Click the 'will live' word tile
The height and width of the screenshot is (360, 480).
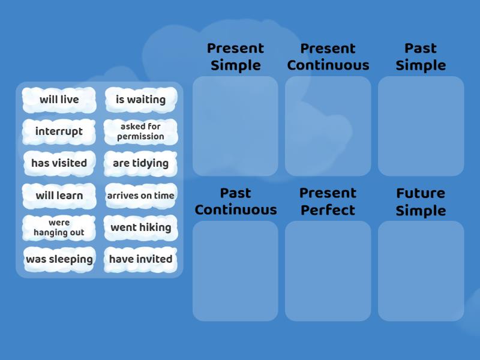coord(59,100)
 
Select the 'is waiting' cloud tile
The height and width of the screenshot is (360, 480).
coord(141,100)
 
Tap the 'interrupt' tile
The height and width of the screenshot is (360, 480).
coord(59,131)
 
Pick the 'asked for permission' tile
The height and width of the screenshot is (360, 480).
coord(141,131)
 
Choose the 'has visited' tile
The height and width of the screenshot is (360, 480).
coord(59,163)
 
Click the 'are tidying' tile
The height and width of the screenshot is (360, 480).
coord(141,163)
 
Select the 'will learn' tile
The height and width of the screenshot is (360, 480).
coord(59,196)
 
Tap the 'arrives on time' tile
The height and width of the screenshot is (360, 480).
coord(141,196)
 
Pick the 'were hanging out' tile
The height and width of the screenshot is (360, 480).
coord(59,228)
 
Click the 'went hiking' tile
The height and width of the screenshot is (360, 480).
coord(141,228)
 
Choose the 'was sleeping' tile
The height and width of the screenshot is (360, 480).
coord(59,260)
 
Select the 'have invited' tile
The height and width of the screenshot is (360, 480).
coord(141,260)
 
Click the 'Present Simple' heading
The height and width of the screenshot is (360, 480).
coord(235,57)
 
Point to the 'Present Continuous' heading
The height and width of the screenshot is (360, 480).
coord(328,57)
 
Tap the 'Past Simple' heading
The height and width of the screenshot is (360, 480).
coord(421,57)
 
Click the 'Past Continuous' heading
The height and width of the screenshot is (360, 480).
coord(236,202)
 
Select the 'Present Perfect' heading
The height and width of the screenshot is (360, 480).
coord(328,202)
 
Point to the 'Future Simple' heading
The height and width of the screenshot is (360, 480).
coord(421,202)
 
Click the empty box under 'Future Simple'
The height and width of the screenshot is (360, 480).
coord(421,271)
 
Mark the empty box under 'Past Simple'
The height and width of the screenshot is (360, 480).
coord(421,126)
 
